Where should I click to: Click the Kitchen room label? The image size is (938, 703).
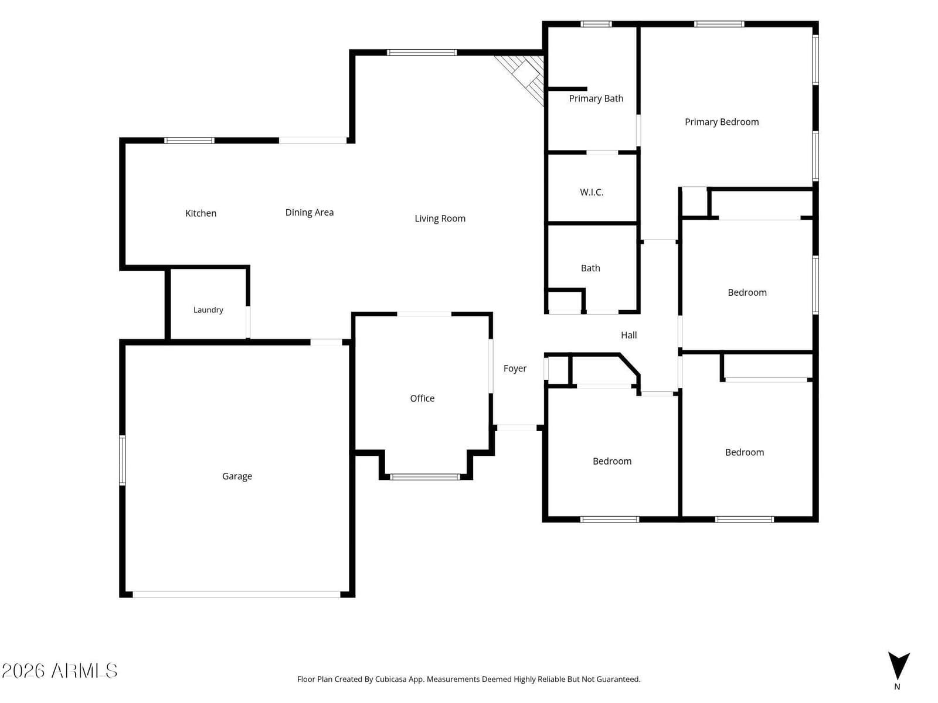pyautogui.click(x=200, y=213)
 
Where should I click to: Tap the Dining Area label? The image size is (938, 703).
pyautogui.click(x=309, y=212)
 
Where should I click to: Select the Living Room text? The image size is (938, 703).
pyautogui.click(x=440, y=219)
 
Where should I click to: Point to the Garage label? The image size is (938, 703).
pyautogui.click(x=237, y=476)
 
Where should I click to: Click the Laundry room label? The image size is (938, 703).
pyautogui.click(x=208, y=310)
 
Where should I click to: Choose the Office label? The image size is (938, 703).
pyautogui.click(x=422, y=398)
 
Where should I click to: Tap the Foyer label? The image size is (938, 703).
pyautogui.click(x=515, y=368)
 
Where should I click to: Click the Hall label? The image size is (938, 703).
pyautogui.click(x=628, y=335)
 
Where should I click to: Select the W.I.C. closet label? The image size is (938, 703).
pyautogui.click(x=592, y=192)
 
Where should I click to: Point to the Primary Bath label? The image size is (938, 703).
pyautogui.click(x=596, y=98)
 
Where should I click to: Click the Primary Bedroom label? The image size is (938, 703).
pyautogui.click(x=721, y=122)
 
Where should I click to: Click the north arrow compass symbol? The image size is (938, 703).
pyautogui.click(x=899, y=666)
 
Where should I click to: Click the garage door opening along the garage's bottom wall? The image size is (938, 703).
pyautogui.click(x=236, y=594)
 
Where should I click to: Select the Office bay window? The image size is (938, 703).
pyautogui.click(x=425, y=477)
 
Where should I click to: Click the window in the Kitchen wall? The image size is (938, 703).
pyautogui.click(x=189, y=141)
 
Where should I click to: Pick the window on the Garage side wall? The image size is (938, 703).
pyautogui.click(x=122, y=460)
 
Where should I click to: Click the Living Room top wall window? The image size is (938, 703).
pyautogui.click(x=422, y=53)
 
